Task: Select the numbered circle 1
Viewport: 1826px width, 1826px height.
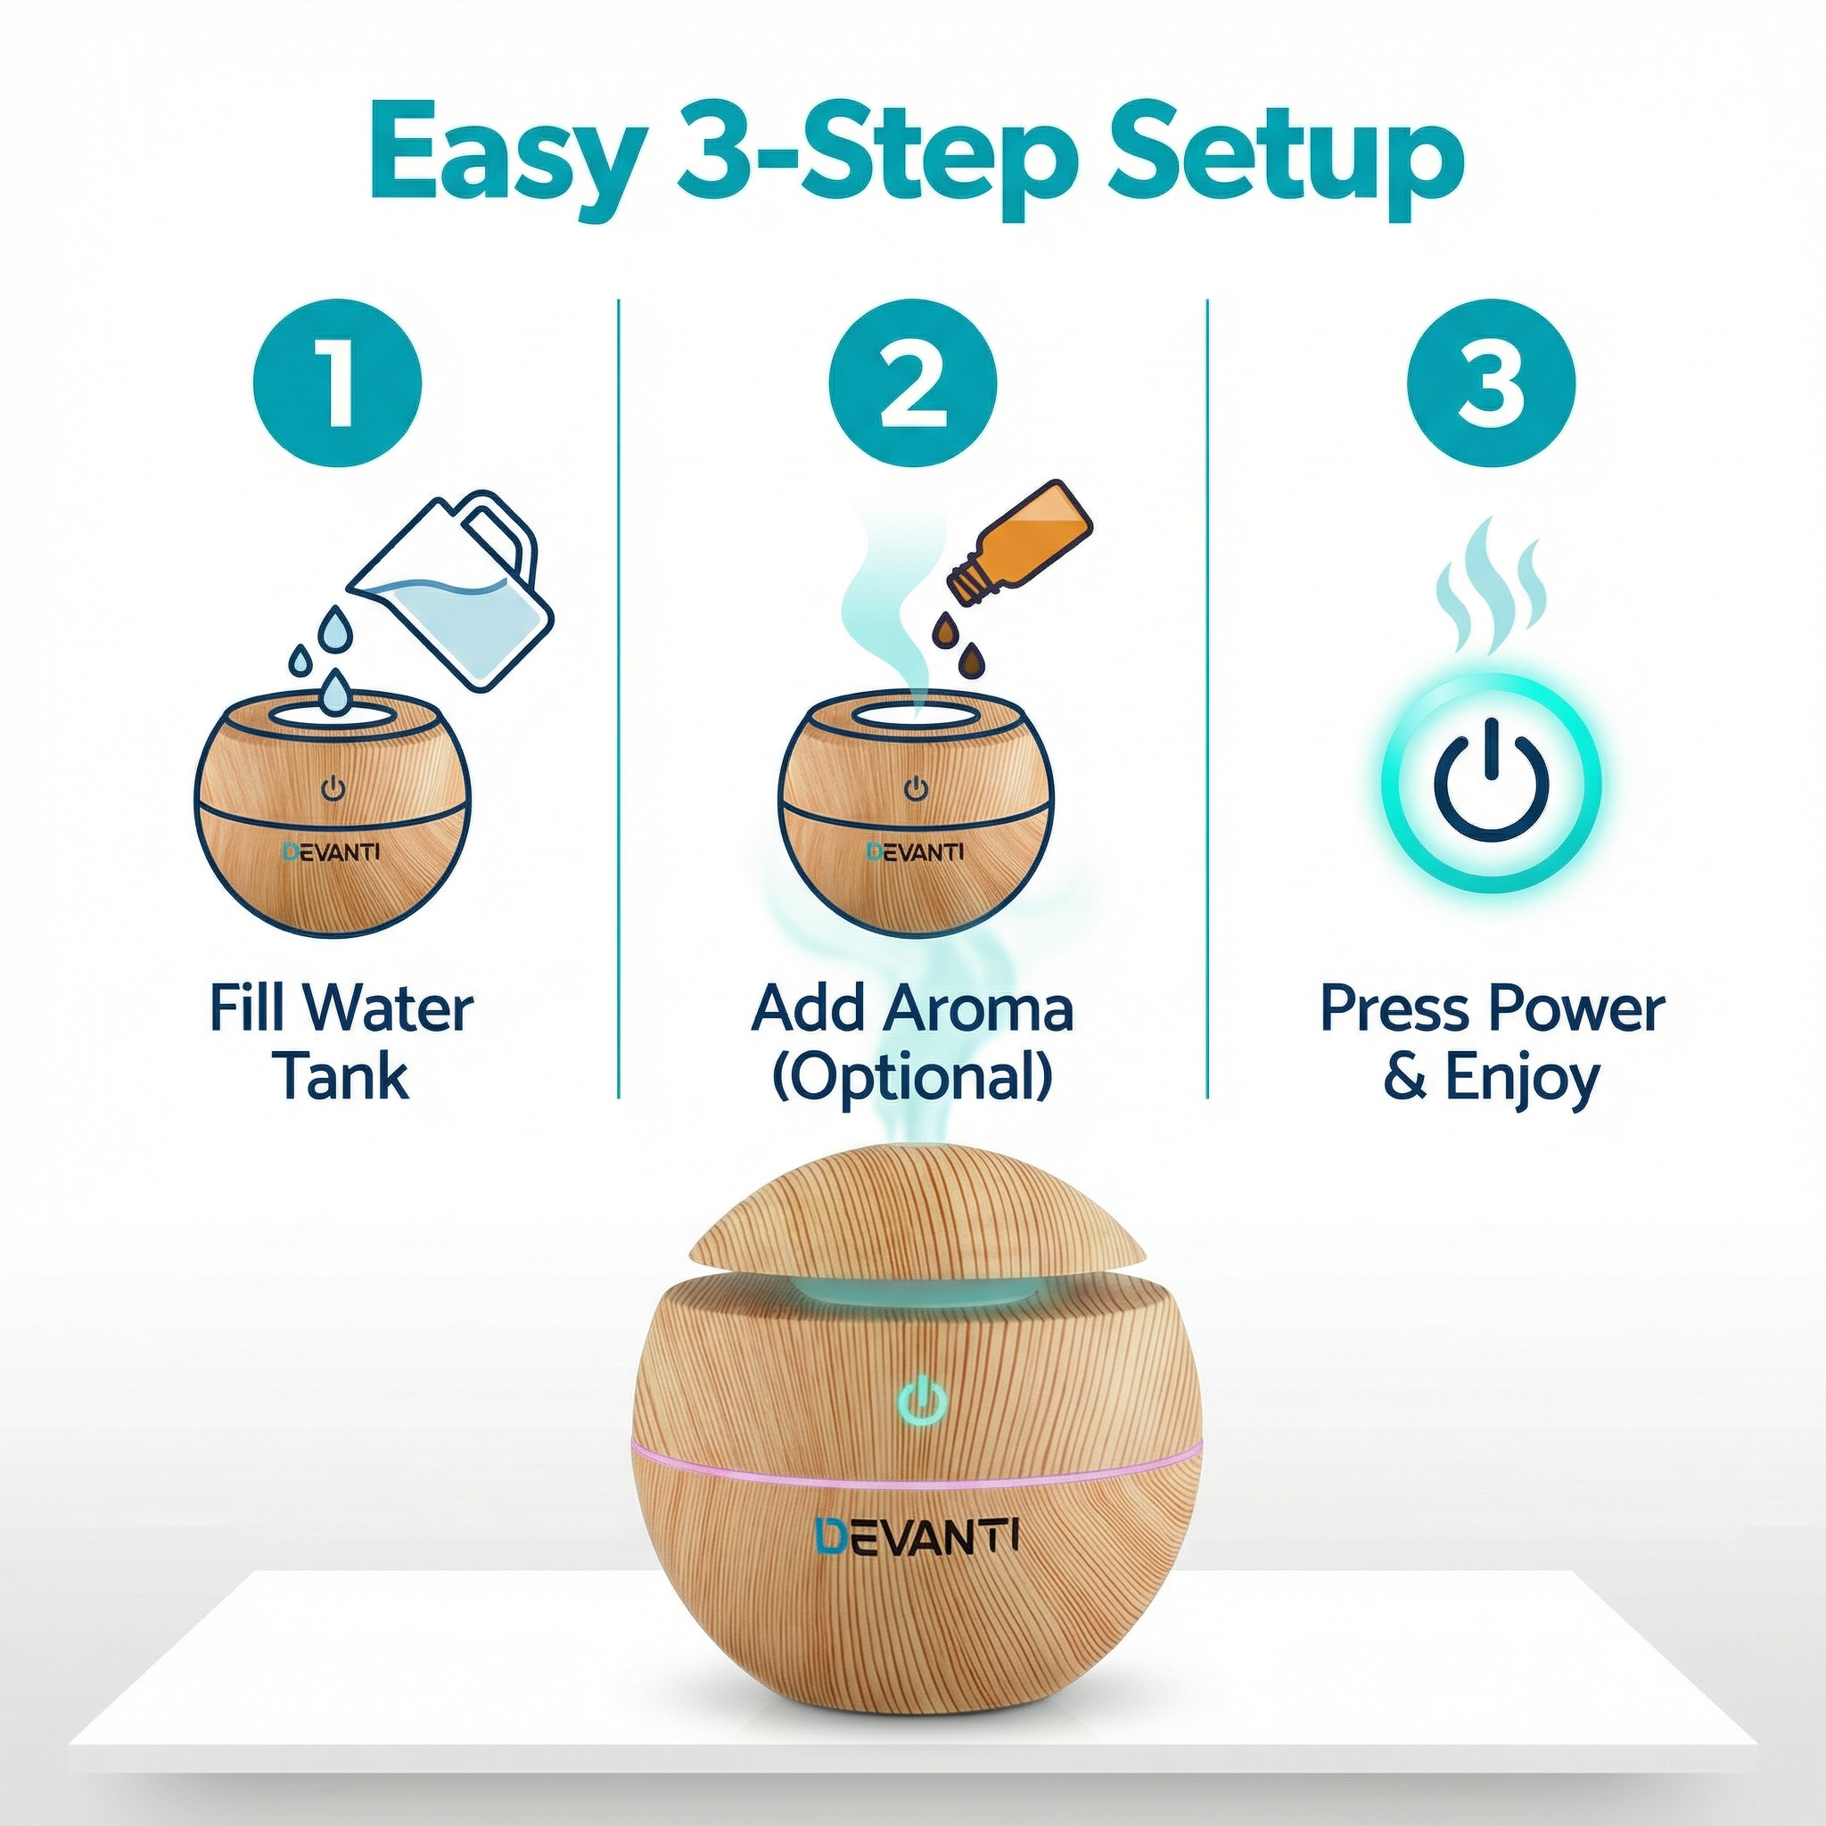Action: point(336,383)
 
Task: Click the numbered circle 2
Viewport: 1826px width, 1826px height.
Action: point(913,383)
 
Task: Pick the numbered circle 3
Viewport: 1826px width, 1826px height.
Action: point(1492,383)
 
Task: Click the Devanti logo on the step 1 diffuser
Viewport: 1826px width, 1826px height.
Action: point(331,851)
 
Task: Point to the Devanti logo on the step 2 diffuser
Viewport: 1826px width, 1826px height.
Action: point(916,851)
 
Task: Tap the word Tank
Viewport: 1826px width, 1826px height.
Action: point(342,1077)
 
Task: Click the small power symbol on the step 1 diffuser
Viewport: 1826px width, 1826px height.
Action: point(333,789)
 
